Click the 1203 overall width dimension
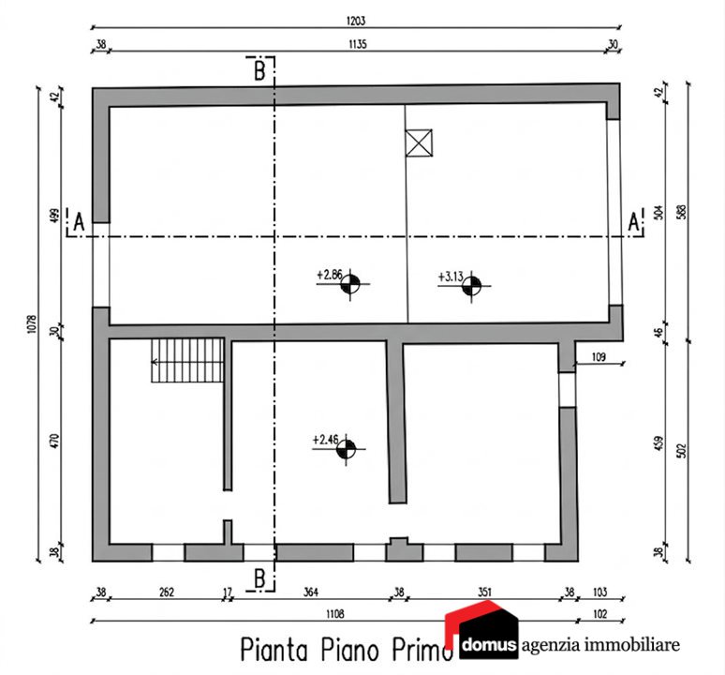coord(356,21)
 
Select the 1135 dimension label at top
coord(358,44)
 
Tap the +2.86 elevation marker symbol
coord(350,284)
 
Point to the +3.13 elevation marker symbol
coord(471,286)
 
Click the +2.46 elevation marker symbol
coord(346,449)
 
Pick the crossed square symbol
coord(419,142)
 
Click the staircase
coord(187,360)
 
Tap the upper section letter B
coord(259,71)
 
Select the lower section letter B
coord(259,578)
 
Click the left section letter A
coord(79,222)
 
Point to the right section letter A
coord(633,221)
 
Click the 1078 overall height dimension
coord(32,324)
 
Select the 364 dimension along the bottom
coord(310,592)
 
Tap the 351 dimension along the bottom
coord(484,592)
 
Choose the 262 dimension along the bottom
coord(167,592)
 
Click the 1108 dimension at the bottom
coord(335,614)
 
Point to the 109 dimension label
coord(599,357)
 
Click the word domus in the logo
coord(489,644)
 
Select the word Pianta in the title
coord(274,650)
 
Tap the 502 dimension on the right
coord(681,451)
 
